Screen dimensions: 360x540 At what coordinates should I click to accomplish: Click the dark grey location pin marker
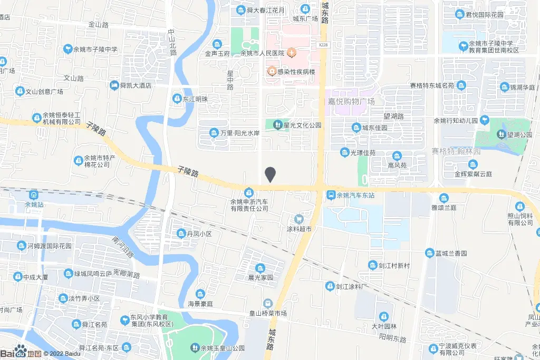pyautogui.click(x=270, y=174)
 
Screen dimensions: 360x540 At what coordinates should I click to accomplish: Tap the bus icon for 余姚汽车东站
pyautogui.click(x=331, y=195)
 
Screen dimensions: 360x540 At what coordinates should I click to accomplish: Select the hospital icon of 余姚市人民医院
pyautogui.click(x=290, y=53)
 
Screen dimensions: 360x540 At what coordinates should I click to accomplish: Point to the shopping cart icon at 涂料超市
pyautogui.click(x=299, y=219)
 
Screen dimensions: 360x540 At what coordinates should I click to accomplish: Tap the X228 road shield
pyautogui.click(x=323, y=45)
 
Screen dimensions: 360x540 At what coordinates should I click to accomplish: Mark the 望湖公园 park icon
pyautogui.click(x=500, y=134)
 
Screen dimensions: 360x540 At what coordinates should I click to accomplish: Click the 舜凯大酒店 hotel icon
pyautogui.click(x=114, y=85)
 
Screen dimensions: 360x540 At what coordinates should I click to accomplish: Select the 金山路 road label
pyautogui.click(x=98, y=24)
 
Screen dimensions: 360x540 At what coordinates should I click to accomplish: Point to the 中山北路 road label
pyautogui.click(x=172, y=42)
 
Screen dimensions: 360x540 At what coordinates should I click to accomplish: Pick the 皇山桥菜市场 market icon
pyautogui.click(x=268, y=303)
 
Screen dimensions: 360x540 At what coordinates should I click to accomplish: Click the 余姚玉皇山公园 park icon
pyautogui.click(x=194, y=348)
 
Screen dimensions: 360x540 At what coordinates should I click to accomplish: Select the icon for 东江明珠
pyautogui.click(x=177, y=99)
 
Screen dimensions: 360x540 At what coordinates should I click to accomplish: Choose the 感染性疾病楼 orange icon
pyautogui.click(x=272, y=71)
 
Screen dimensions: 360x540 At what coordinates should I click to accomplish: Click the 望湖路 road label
pyautogui.click(x=393, y=116)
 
